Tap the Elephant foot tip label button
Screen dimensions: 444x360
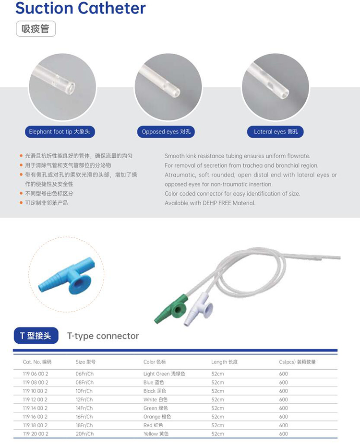coord(60,131)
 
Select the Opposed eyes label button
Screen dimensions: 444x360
coord(166,131)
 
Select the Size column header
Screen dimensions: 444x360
coord(85,362)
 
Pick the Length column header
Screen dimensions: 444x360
coord(224,362)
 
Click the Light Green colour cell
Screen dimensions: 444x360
coord(164,374)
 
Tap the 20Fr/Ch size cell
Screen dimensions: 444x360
coord(84,434)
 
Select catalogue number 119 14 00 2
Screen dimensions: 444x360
coord(36,408)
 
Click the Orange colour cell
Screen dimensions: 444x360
coord(157,417)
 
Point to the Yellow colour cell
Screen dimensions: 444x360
coord(156,434)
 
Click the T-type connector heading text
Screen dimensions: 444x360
coord(103,336)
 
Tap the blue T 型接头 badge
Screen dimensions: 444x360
coord(36,336)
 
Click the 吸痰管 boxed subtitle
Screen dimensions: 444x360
coord(36,29)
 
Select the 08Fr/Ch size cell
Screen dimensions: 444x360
coord(84,383)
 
